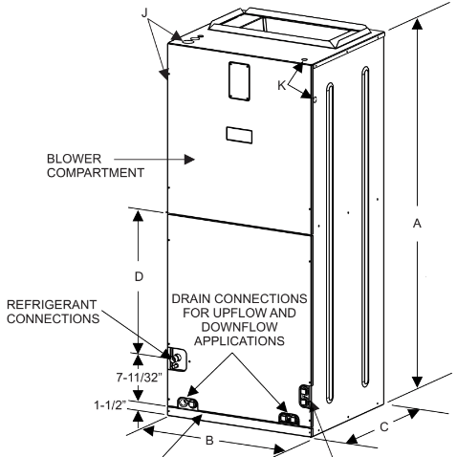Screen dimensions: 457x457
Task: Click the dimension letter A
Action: click(417, 224)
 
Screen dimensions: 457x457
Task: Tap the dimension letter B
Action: click(209, 440)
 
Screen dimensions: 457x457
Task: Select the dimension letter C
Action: click(384, 427)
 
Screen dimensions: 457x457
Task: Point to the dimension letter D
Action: click(139, 276)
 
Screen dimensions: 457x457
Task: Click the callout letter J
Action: click(145, 12)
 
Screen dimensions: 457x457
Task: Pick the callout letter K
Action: click(282, 85)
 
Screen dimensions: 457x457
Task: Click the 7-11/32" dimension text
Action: click(139, 378)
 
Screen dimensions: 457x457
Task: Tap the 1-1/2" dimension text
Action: click(110, 405)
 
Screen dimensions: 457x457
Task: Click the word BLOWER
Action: click(74, 159)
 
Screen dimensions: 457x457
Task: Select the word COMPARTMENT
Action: click(96, 173)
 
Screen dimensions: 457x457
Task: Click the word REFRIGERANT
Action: click(52, 305)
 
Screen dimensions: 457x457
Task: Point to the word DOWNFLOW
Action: click(239, 327)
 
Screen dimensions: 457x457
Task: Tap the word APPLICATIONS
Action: click(239, 341)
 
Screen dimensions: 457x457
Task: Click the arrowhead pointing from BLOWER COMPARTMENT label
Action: click(189, 159)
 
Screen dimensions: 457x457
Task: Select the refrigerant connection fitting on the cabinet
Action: click(177, 359)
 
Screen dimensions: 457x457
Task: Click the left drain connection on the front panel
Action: click(187, 403)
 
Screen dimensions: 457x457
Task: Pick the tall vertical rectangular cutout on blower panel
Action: click(239, 81)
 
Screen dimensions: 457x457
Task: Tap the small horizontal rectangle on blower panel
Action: click(239, 135)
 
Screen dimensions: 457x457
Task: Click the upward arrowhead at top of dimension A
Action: click(417, 24)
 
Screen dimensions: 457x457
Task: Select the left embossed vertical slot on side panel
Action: click(330, 243)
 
